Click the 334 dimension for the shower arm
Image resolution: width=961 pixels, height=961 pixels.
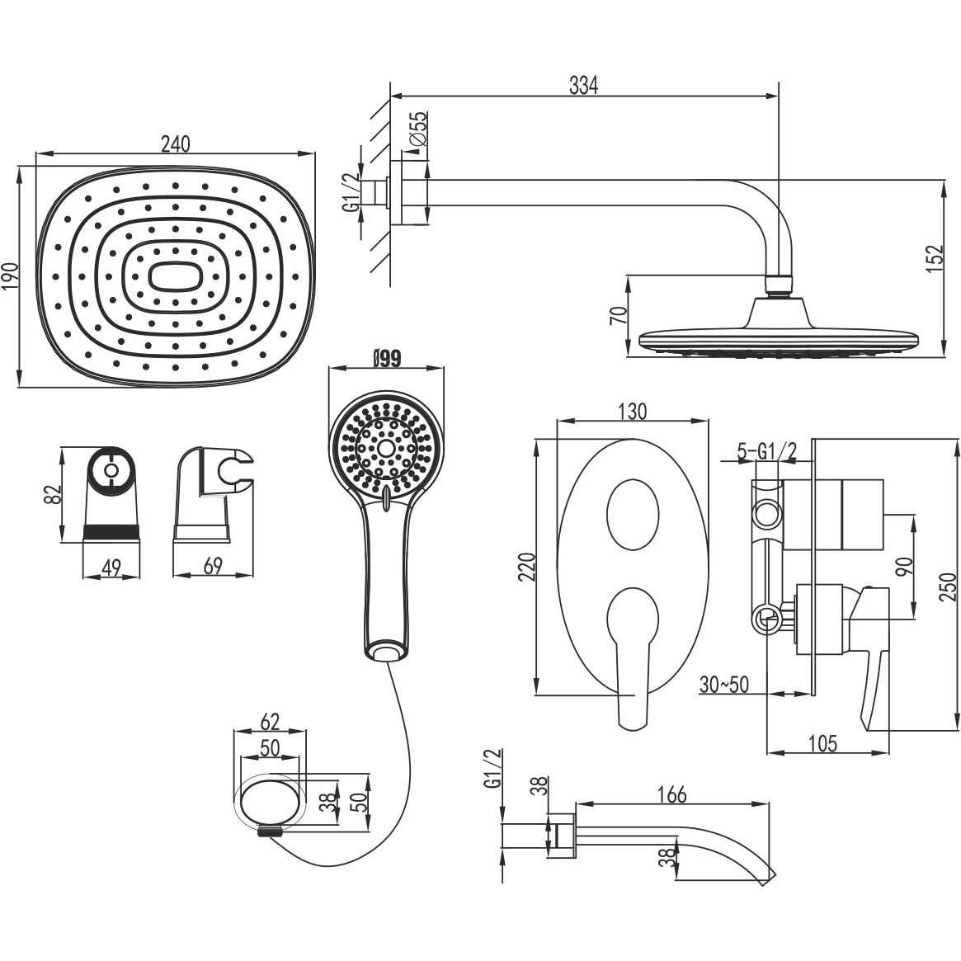point(582,85)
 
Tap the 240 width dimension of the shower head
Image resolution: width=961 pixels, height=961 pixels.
point(175,144)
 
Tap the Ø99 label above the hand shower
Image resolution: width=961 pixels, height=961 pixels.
point(386,358)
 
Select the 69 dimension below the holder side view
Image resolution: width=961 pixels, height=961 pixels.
point(213,567)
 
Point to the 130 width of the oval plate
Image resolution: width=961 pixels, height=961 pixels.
point(631,411)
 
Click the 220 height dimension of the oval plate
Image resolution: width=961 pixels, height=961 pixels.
point(529,568)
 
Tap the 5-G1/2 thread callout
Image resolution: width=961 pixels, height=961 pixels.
point(767,451)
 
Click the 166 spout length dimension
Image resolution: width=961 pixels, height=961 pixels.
point(672,794)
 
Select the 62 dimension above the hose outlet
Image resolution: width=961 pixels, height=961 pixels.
point(270,722)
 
